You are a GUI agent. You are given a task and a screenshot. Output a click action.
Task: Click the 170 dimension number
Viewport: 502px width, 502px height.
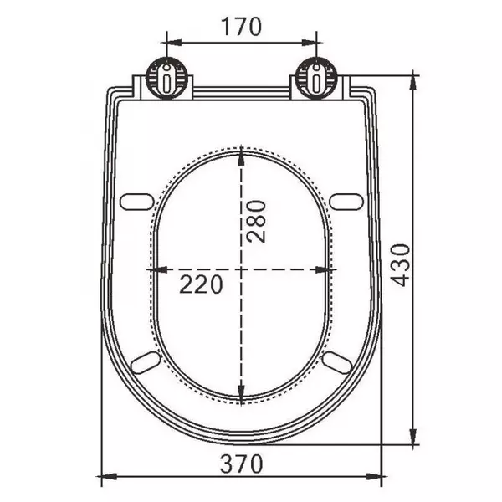point(242,27)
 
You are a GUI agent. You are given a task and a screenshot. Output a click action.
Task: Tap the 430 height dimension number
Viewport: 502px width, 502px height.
point(401,265)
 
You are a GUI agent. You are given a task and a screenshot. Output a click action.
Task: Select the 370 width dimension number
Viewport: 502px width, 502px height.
point(242,464)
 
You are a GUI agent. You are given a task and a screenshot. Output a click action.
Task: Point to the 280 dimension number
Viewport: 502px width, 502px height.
point(257,221)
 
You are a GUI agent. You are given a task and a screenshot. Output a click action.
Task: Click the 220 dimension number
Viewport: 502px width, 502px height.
point(201,284)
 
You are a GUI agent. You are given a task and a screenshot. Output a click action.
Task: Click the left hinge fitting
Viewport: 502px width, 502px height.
point(166,78)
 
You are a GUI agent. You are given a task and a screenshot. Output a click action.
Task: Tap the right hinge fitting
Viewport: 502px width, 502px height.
point(316,78)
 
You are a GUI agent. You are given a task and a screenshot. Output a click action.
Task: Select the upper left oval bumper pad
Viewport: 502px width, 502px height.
point(136,202)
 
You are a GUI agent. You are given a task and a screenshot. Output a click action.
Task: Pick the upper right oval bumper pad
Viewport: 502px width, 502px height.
point(346,202)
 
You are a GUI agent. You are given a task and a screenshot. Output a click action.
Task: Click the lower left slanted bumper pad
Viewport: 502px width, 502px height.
point(146,362)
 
